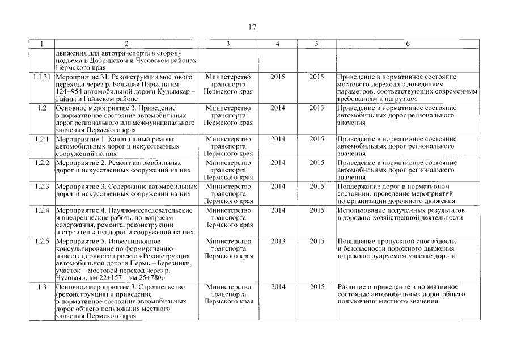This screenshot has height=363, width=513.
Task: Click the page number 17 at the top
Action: [253, 27]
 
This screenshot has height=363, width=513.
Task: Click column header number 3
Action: [227, 44]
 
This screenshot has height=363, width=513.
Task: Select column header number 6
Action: [408, 44]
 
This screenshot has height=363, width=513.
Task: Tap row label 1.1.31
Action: [42, 76]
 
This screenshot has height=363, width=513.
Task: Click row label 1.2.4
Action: [42, 210]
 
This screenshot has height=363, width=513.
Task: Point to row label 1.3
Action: [42, 287]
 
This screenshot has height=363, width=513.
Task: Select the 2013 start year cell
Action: [278, 241]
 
